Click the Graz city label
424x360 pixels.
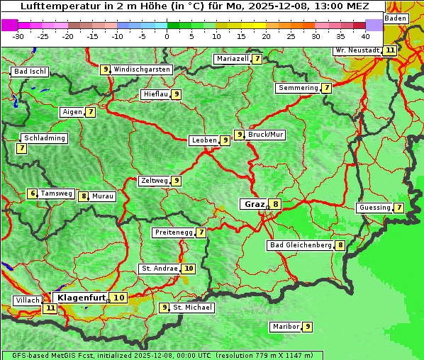(x=253, y=204)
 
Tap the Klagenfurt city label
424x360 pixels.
(x=80, y=298)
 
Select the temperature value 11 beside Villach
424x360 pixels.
(x=50, y=308)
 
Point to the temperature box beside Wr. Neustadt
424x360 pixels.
(x=390, y=50)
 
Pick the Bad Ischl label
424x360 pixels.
(x=30, y=72)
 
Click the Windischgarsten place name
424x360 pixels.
(x=142, y=69)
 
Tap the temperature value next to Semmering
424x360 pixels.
(x=326, y=88)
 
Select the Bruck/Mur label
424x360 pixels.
(x=266, y=134)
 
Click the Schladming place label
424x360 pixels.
(x=44, y=138)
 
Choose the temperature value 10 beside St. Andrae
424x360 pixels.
(x=188, y=269)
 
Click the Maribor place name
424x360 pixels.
(x=284, y=327)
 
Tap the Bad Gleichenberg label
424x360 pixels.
(x=301, y=245)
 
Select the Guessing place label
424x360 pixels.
(x=374, y=208)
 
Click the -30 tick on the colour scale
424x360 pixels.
(x=18, y=36)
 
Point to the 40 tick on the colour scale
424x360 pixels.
(x=365, y=36)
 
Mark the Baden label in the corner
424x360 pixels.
(x=396, y=18)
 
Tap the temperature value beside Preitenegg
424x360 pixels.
(x=201, y=232)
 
